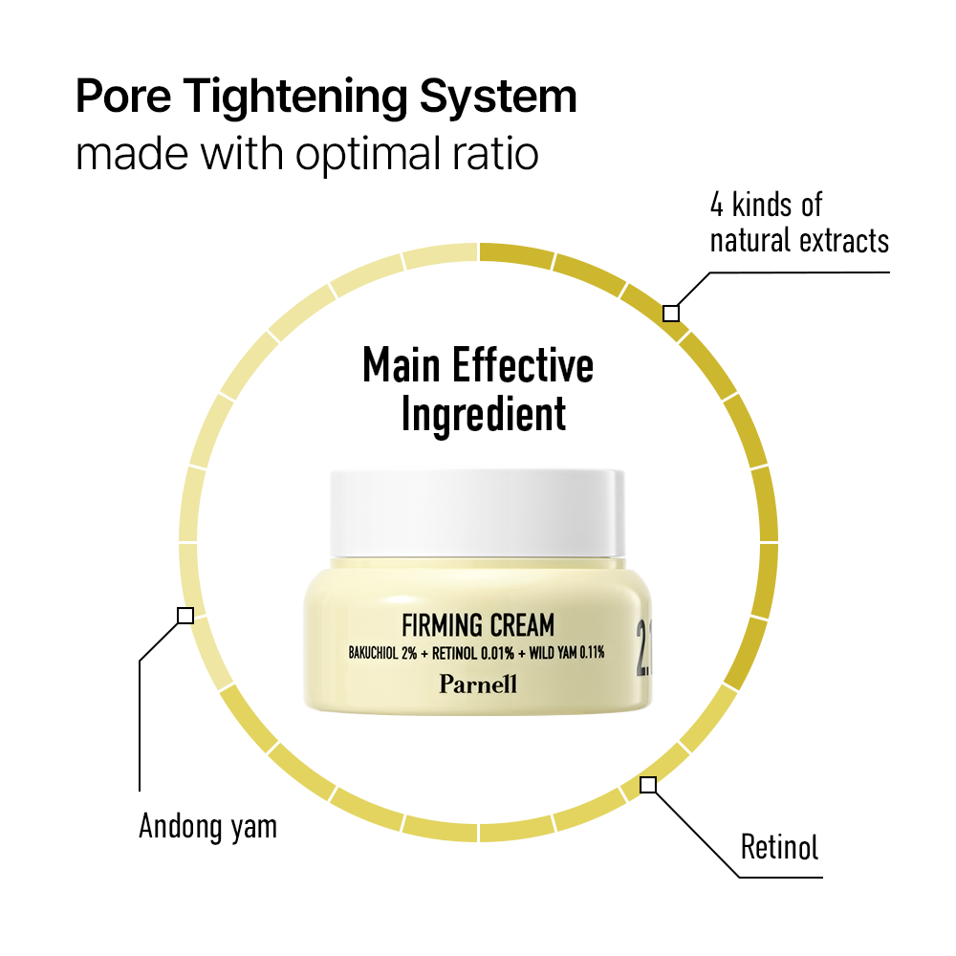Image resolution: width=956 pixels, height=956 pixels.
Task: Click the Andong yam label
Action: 207,826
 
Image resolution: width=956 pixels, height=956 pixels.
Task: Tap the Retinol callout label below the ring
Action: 779,847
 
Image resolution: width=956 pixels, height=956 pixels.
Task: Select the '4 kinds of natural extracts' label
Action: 798,222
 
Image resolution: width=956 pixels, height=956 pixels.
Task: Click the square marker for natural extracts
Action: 671,313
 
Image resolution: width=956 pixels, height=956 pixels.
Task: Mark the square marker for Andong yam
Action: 185,616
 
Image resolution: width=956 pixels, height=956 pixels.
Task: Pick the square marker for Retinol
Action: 648,785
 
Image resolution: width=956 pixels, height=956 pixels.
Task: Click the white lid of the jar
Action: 477,511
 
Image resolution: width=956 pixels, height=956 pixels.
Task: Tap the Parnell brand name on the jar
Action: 478,683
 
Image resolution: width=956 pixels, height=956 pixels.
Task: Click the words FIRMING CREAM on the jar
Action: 478,626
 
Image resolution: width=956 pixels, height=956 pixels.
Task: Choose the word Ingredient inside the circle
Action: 483,415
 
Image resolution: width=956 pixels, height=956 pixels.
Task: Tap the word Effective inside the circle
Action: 522,366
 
